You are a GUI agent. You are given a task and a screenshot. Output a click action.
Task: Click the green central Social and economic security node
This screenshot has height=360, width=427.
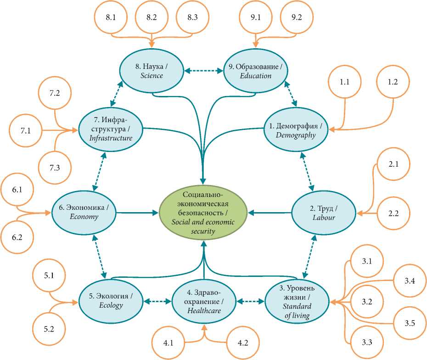[x=202, y=212]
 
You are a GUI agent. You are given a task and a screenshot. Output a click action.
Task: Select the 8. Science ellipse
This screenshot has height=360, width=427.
[x=152, y=71]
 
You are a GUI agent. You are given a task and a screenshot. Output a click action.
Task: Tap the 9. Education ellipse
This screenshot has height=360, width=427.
[x=256, y=71]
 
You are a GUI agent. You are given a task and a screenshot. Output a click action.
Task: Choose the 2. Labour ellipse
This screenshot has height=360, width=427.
[x=324, y=212]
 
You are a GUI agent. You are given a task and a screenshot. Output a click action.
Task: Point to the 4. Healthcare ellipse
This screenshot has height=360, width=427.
[x=204, y=302]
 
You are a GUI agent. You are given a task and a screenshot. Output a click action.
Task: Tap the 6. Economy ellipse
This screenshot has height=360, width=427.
[x=84, y=212]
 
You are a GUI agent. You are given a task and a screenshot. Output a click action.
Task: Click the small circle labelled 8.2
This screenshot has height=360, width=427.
[x=152, y=17]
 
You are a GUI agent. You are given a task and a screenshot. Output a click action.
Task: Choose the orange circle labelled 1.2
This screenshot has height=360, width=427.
[x=393, y=82]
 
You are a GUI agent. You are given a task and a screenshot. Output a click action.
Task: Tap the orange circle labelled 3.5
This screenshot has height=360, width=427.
[x=410, y=323]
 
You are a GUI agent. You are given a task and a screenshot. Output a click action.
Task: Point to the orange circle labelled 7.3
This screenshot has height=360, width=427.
[x=55, y=168]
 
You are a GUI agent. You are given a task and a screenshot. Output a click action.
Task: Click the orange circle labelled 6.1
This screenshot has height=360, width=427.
[x=17, y=189]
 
